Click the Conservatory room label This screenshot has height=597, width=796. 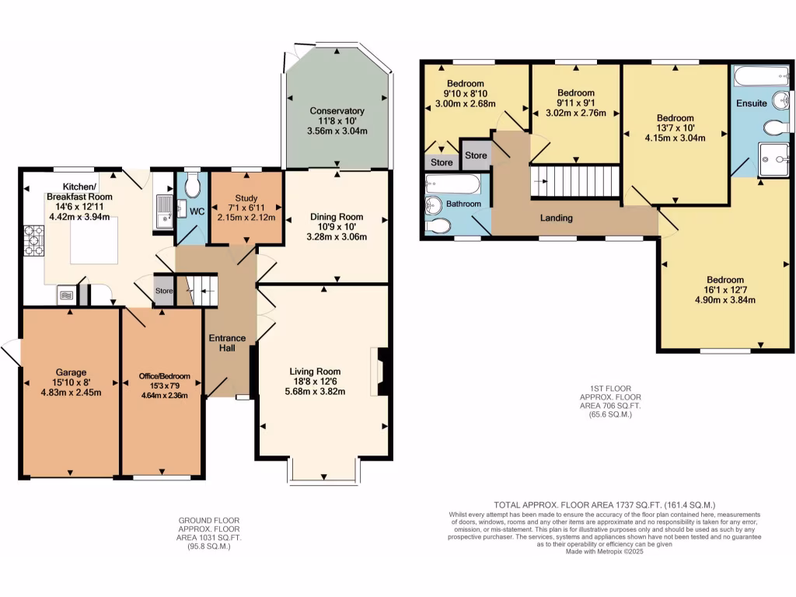pyautogui.click(x=337, y=110)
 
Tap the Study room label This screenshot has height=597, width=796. pyautogui.click(x=246, y=198)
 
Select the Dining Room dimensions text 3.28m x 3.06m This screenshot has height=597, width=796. pyautogui.click(x=337, y=236)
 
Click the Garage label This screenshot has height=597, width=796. pyautogui.click(x=71, y=372)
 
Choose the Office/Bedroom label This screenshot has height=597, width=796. pyautogui.click(x=165, y=376)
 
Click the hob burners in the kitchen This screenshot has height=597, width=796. pyautogui.click(x=34, y=241)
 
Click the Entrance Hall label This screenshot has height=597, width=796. pyautogui.click(x=227, y=343)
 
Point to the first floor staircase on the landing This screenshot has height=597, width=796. pyautogui.click(x=575, y=181)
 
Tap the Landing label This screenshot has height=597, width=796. pyautogui.click(x=557, y=218)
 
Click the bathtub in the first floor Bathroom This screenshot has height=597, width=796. pyautogui.click(x=452, y=184)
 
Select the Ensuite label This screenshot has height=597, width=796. pyautogui.click(x=752, y=103)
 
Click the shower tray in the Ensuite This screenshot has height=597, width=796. pyautogui.click(x=773, y=159)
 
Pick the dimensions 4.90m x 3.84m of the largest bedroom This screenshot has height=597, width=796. pyautogui.click(x=725, y=299)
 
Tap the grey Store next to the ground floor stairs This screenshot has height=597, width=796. pyautogui.click(x=163, y=291)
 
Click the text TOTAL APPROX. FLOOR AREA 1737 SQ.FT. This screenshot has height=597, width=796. pyautogui.click(x=578, y=505)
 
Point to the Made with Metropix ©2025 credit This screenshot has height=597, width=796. pyautogui.click(x=604, y=551)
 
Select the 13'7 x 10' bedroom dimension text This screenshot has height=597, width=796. pyautogui.click(x=676, y=128)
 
